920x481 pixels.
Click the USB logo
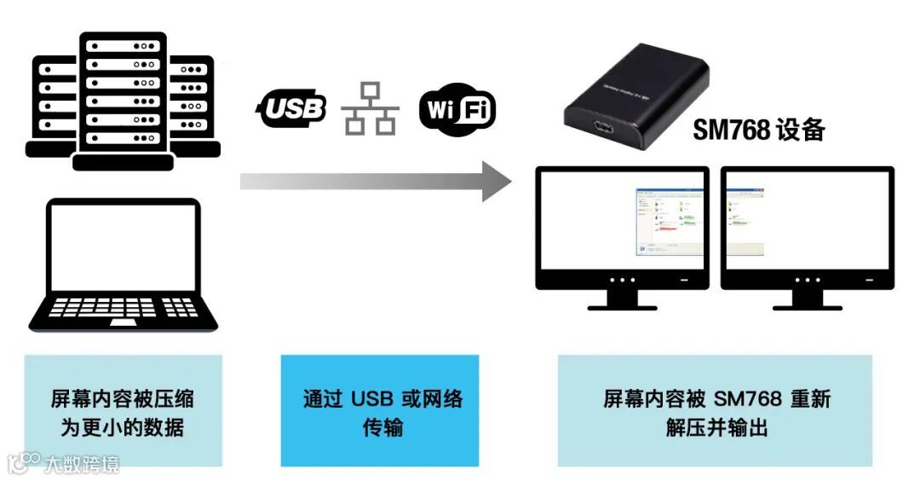click(x=291, y=108)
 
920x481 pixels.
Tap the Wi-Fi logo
click(x=457, y=110)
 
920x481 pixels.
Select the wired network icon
click(x=370, y=109)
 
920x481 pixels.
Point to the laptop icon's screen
click(x=124, y=247)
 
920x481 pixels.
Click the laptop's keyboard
click(x=124, y=308)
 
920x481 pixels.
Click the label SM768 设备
click(x=758, y=130)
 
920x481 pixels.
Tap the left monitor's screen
click(x=621, y=221)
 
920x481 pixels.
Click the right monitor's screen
click(x=807, y=221)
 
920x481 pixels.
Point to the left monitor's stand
click(x=621, y=298)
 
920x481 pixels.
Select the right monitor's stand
click(x=807, y=298)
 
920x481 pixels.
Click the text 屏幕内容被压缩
click(x=123, y=398)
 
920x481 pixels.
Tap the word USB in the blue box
click(x=376, y=398)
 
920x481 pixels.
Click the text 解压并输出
click(x=716, y=427)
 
